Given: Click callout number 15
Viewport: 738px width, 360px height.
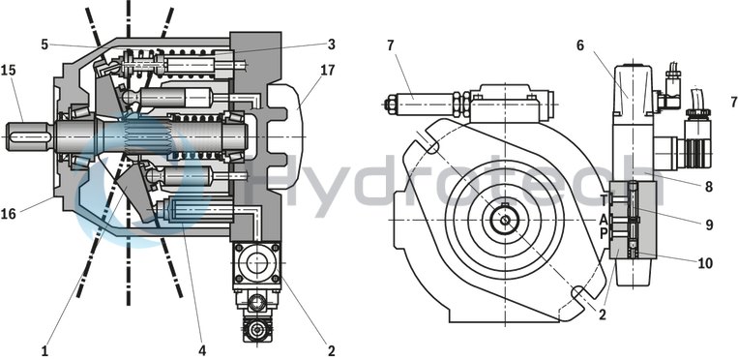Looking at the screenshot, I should (x=9, y=71).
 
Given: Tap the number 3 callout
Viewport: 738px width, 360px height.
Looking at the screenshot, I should (x=331, y=44).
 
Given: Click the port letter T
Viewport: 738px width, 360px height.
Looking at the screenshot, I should (x=604, y=200).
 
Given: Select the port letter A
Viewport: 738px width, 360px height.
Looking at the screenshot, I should (x=604, y=218).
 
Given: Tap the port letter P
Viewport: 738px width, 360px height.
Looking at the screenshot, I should (x=604, y=234).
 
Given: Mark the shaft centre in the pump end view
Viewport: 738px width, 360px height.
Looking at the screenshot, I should (x=504, y=220).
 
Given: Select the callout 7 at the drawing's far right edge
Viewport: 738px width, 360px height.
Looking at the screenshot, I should (x=732, y=101).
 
